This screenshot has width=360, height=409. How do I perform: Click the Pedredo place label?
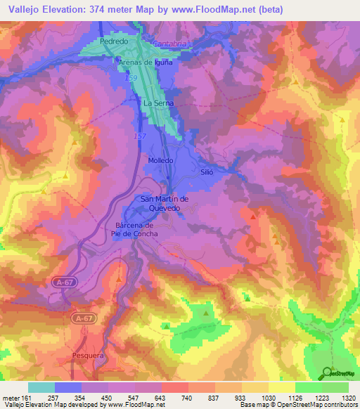[x=113, y=42]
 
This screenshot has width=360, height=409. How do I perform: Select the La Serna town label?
[x=157, y=103]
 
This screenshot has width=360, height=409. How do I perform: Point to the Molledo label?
[x=160, y=160]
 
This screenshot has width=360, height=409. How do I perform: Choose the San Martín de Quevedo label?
[x=166, y=203]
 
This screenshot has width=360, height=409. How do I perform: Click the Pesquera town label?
[x=89, y=356]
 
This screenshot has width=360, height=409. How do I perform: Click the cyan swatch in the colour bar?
[x=41, y=387]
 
